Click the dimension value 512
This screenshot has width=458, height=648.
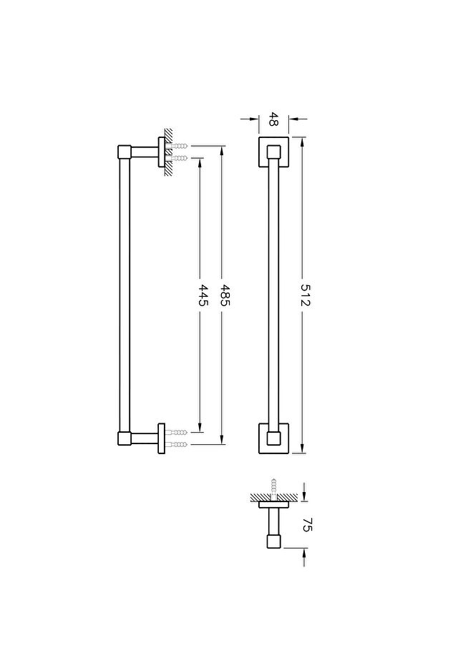[x=305, y=295]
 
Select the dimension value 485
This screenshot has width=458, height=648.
[x=225, y=295]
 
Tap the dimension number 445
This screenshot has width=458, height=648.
[x=203, y=295]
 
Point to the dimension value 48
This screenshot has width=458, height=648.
[x=273, y=119]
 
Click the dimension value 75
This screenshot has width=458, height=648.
[x=307, y=524]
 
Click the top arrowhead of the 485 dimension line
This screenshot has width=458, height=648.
[x=223, y=151]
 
